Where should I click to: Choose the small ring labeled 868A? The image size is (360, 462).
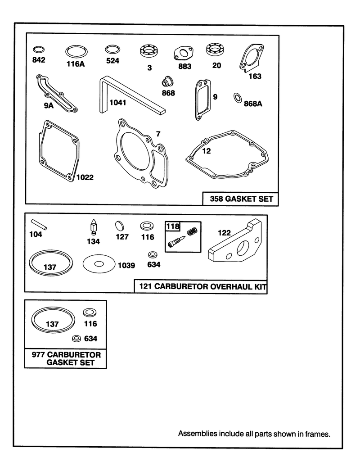[x=238, y=99]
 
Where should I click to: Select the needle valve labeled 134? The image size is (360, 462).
[x=94, y=228]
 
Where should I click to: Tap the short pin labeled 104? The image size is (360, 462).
[x=39, y=224]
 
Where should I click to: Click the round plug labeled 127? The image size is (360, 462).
[x=120, y=226]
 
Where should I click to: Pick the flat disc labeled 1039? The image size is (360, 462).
[x=99, y=264]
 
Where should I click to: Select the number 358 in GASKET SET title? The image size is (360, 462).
[x=216, y=199]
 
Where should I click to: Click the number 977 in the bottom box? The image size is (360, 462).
[x=38, y=354]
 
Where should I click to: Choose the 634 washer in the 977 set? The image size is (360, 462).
[x=76, y=338]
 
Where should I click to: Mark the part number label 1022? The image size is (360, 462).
[x=85, y=177]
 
